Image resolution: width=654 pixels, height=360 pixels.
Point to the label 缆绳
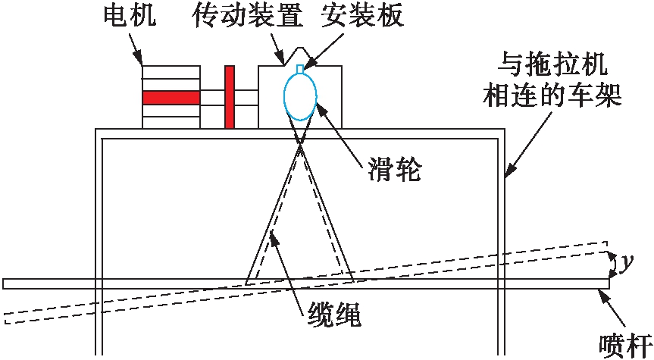(x=333, y=312)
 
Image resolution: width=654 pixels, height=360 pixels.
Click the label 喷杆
(x=619, y=343)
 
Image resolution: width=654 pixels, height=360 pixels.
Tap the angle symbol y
(x=626, y=264)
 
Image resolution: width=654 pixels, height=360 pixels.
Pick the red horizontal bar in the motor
(x=171, y=97)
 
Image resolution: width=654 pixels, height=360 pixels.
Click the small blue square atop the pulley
(x=300, y=69)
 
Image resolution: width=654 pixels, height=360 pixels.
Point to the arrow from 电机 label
(x=137, y=49)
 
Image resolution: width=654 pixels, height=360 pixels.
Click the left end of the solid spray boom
(x=5, y=284)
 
